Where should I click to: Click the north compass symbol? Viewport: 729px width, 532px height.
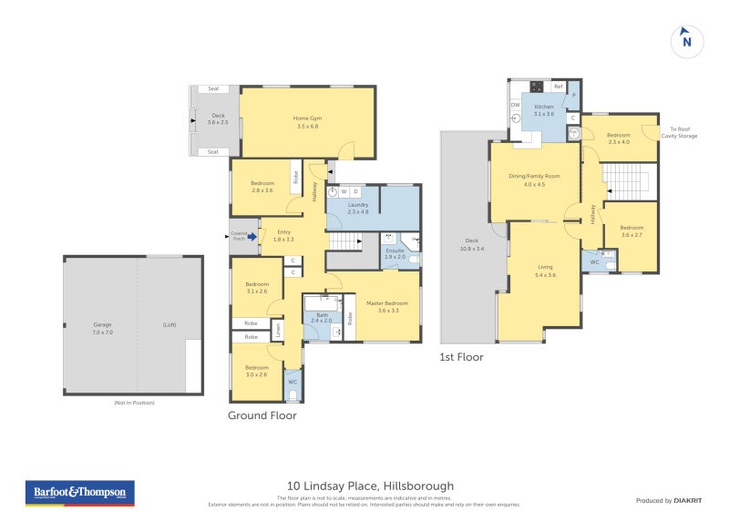pyautogui.click(x=687, y=41)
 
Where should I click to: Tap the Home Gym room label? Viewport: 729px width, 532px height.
pyautogui.click(x=307, y=122)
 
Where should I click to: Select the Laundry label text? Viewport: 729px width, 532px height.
pyautogui.click(x=357, y=209)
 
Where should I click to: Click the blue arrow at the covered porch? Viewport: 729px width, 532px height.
pyautogui.click(x=252, y=236)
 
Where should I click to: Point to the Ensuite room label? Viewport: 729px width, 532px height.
pyautogui.click(x=395, y=253)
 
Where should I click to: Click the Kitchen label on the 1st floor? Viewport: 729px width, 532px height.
pyautogui.click(x=544, y=110)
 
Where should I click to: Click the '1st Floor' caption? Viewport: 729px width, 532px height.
pyautogui.click(x=462, y=357)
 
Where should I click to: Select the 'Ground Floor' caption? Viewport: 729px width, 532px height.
pyautogui.click(x=262, y=415)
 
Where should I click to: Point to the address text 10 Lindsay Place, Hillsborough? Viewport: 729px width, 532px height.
pyautogui.click(x=370, y=486)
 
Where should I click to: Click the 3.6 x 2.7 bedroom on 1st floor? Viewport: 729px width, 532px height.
pyautogui.click(x=631, y=231)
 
